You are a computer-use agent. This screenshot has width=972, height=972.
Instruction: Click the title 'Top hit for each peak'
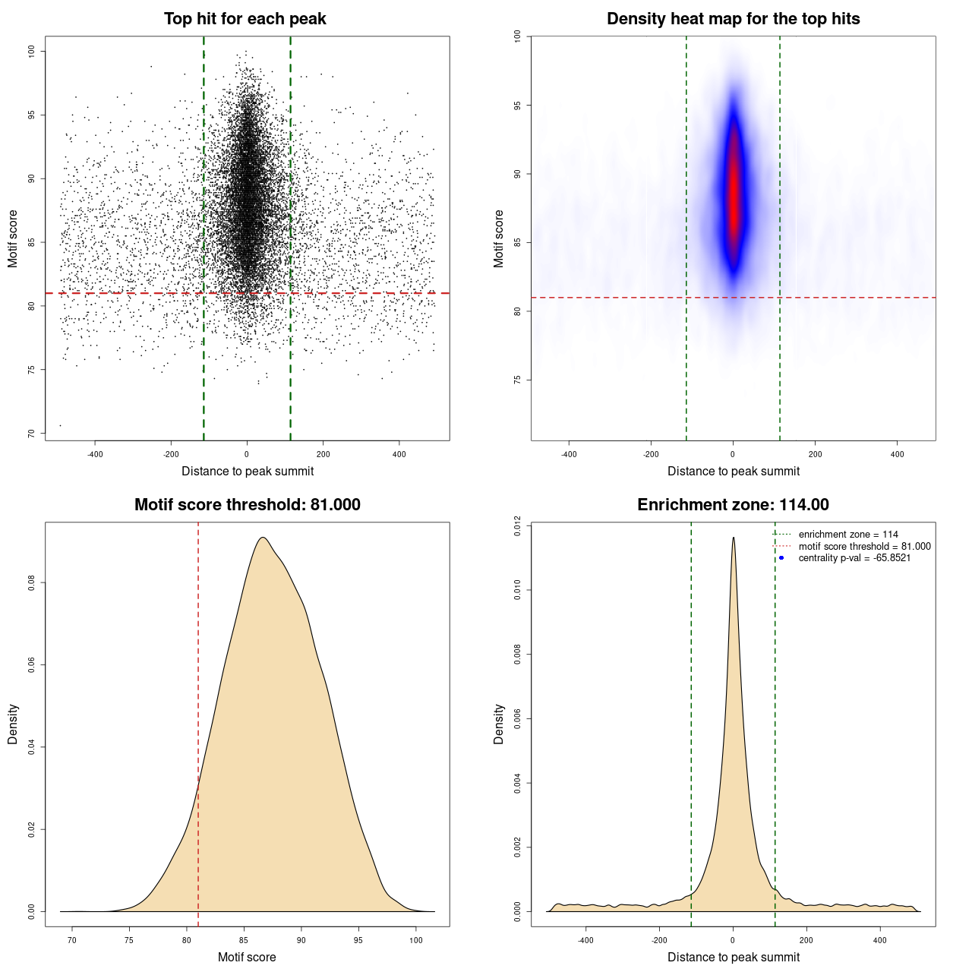click(x=245, y=19)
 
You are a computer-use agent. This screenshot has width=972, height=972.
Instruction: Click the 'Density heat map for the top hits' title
click(x=733, y=19)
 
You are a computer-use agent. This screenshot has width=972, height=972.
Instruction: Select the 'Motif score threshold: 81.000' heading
click(x=247, y=505)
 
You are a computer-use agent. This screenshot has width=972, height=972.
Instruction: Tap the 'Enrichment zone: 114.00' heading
click(x=733, y=505)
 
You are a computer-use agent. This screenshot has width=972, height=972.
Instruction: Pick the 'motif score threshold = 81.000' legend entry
click(x=864, y=547)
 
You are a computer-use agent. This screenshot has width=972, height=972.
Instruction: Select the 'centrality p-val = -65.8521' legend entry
click(x=854, y=558)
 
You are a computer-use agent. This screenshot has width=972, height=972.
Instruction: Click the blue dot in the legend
click(x=781, y=558)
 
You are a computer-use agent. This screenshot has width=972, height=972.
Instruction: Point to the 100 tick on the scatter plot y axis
click(x=31, y=51)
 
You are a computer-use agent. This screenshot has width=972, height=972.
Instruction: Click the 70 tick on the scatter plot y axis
click(x=31, y=434)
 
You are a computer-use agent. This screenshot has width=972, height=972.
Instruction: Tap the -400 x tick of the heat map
click(x=569, y=454)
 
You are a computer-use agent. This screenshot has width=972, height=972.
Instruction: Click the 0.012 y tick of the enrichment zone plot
click(x=517, y=525)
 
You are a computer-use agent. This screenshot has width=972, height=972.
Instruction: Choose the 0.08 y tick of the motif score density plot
click(x=31, y=582)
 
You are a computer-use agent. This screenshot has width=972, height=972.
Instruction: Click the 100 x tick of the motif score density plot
click(x=416, y=940)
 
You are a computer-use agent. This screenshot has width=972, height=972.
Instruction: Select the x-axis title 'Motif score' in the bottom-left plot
click(x=247, y=957)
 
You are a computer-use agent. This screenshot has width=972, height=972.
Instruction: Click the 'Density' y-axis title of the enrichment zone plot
click(x=499, y=724)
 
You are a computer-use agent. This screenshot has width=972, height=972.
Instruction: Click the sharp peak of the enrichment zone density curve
click(x=734, y=538)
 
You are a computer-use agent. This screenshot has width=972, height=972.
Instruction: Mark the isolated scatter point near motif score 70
click(x=60, y=425)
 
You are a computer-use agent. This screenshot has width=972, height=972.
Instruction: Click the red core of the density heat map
click(x=734, y=197)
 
